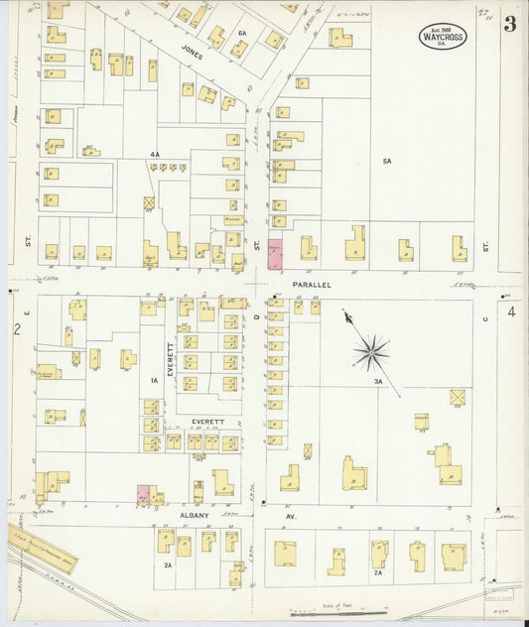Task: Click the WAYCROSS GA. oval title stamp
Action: click(442, 37)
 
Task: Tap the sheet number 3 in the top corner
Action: click(509, 25)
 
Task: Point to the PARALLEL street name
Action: click(311, 284)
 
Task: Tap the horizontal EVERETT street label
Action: click(207, 422)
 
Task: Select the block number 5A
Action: click(387, 160)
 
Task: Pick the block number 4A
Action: click(154, 154)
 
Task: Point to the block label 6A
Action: click(241, 33)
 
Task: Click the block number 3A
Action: click(378, 381)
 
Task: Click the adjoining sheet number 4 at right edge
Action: click(512, 312)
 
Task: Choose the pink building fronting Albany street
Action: click(143, 494)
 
